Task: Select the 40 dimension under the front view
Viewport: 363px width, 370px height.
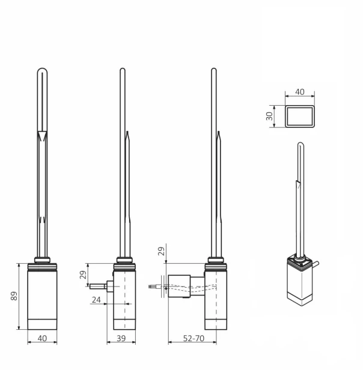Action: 42,338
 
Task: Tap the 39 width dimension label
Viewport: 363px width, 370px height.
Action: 121,339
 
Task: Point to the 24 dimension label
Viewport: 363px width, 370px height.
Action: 97,299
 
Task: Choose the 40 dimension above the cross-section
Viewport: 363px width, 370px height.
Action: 299,92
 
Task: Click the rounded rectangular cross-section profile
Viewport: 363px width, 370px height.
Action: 299,116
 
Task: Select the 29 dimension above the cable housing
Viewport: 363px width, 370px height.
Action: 162,251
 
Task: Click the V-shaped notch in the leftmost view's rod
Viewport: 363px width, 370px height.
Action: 42,135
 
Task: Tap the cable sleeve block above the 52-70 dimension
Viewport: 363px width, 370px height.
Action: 179,285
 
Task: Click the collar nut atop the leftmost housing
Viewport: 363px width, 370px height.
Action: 42,260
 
